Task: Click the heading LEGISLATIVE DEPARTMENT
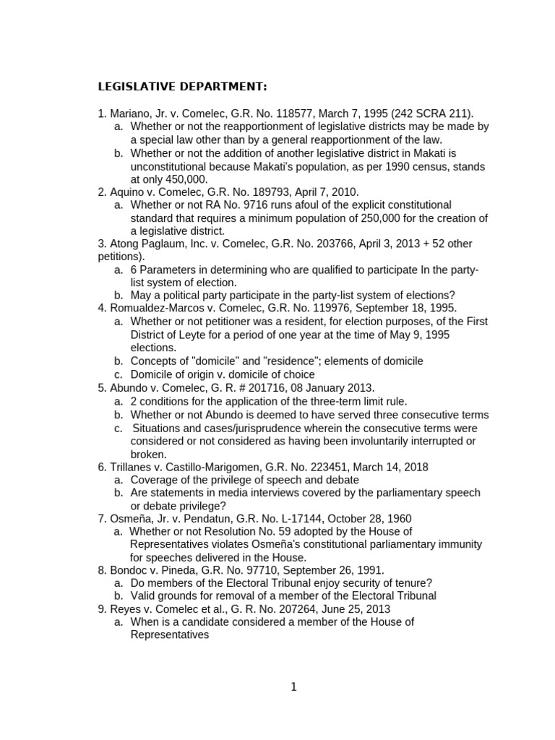tap(182, 87)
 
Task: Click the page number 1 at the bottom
tap(293, 687)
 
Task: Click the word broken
tap(148, 454)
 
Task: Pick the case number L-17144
tap(294, 519)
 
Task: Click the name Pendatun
tap(207, 519)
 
